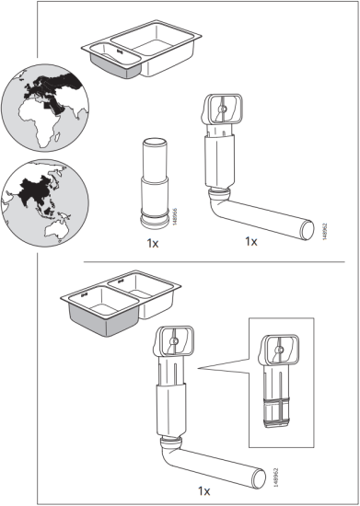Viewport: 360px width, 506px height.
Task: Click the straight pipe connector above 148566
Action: (153, 183)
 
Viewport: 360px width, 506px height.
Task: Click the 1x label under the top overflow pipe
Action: (250, 242)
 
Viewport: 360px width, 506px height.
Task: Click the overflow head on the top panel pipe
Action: (224, 111)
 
